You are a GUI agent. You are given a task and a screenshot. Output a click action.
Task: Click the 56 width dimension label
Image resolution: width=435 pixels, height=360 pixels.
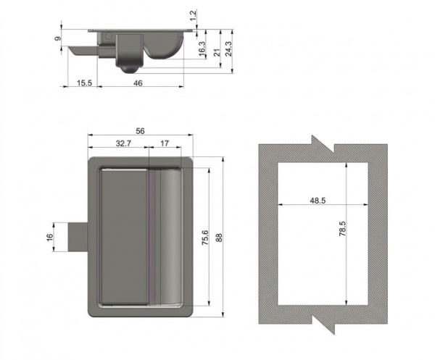click(140, 131)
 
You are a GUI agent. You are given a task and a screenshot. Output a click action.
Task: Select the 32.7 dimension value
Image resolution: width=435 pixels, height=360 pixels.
click(123, 143)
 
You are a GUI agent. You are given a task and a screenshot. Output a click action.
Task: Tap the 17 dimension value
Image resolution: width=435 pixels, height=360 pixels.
click(165, 143)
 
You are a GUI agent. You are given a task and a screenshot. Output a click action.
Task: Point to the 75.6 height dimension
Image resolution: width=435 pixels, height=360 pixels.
click(205, 238)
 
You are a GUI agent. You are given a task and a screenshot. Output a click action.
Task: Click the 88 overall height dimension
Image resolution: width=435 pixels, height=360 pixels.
click(219, 238)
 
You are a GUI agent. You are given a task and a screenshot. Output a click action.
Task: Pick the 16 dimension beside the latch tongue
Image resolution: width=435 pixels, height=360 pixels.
click(49, 238)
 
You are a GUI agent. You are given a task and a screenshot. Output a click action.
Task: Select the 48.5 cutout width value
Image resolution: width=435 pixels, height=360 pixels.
click(318, 200)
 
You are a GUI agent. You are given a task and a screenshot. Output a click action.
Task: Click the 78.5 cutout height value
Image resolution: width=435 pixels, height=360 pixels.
click(343, 228)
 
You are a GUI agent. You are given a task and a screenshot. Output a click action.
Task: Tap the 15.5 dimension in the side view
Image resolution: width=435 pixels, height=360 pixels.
click(84, 83)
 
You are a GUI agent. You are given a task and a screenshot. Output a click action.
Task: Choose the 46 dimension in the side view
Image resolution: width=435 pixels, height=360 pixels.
click(138, 83)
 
